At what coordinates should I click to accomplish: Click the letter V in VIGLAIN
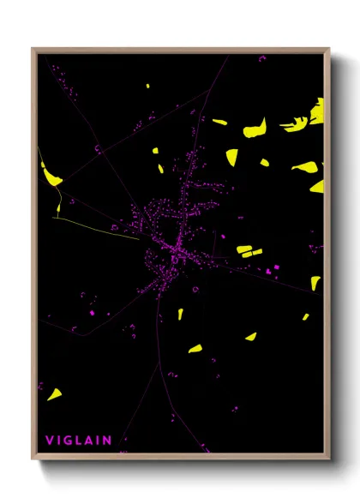(x=49, y=441)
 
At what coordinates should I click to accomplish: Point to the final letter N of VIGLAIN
(x=108, y=441)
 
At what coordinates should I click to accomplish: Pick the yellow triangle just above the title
(x=54, y=394)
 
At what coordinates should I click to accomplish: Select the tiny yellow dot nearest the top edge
(x=147, y=86)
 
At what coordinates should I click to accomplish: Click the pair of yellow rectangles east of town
(x=248, y=251)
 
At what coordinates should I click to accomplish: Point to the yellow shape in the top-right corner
(x=318, y=111)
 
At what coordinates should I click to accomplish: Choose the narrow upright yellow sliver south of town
(x=181, y=314)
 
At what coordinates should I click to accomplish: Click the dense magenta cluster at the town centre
(x=168, y=249)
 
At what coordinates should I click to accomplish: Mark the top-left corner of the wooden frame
(x=33, y=48)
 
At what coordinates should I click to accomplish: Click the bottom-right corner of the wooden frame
(x=328, y=459)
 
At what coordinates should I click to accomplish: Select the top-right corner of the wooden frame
(x=328, y=48)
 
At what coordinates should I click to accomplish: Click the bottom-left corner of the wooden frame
(x=33, y=459)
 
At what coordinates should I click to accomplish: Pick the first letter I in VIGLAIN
(x=58, y=441)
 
